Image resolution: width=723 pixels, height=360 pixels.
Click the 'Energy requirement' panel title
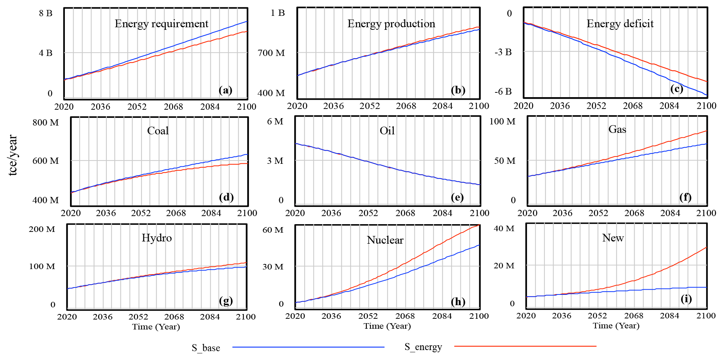tap(161, 24)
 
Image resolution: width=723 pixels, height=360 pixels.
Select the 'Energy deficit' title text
tap(620, 24)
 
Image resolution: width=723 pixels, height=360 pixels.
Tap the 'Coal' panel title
tap(158, 131)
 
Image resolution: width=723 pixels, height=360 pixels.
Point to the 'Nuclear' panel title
tap(385, 240)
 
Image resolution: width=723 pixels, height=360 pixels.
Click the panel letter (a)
tap(225, 90)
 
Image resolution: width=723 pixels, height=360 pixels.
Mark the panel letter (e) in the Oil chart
tap(457, 197)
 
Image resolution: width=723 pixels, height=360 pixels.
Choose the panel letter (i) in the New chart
tap(686, 299)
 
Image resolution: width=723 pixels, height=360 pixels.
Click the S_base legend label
tap(206, 348)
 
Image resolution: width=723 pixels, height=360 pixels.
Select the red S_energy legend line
tap(525, 346)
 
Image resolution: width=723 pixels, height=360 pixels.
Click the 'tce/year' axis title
tap(13, 155)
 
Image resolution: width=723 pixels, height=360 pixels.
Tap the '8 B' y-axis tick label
tap(46, 13)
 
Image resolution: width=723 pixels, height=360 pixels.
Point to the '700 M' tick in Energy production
tap(271, 53)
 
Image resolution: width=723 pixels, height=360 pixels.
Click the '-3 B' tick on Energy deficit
tap(503, 52)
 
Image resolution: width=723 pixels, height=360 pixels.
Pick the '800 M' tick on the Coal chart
tap(46, 123)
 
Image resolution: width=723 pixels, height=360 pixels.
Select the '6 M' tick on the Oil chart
tap(275, 121)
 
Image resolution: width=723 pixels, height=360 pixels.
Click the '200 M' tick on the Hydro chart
tap(42, 229)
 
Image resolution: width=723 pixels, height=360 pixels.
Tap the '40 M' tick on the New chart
tap(504, 229)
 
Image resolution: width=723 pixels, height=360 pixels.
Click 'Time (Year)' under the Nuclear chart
tap(387, 326)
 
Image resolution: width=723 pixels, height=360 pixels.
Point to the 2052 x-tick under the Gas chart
tap(598, 213)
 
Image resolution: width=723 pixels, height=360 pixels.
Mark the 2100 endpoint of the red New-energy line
tap(706, 247)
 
